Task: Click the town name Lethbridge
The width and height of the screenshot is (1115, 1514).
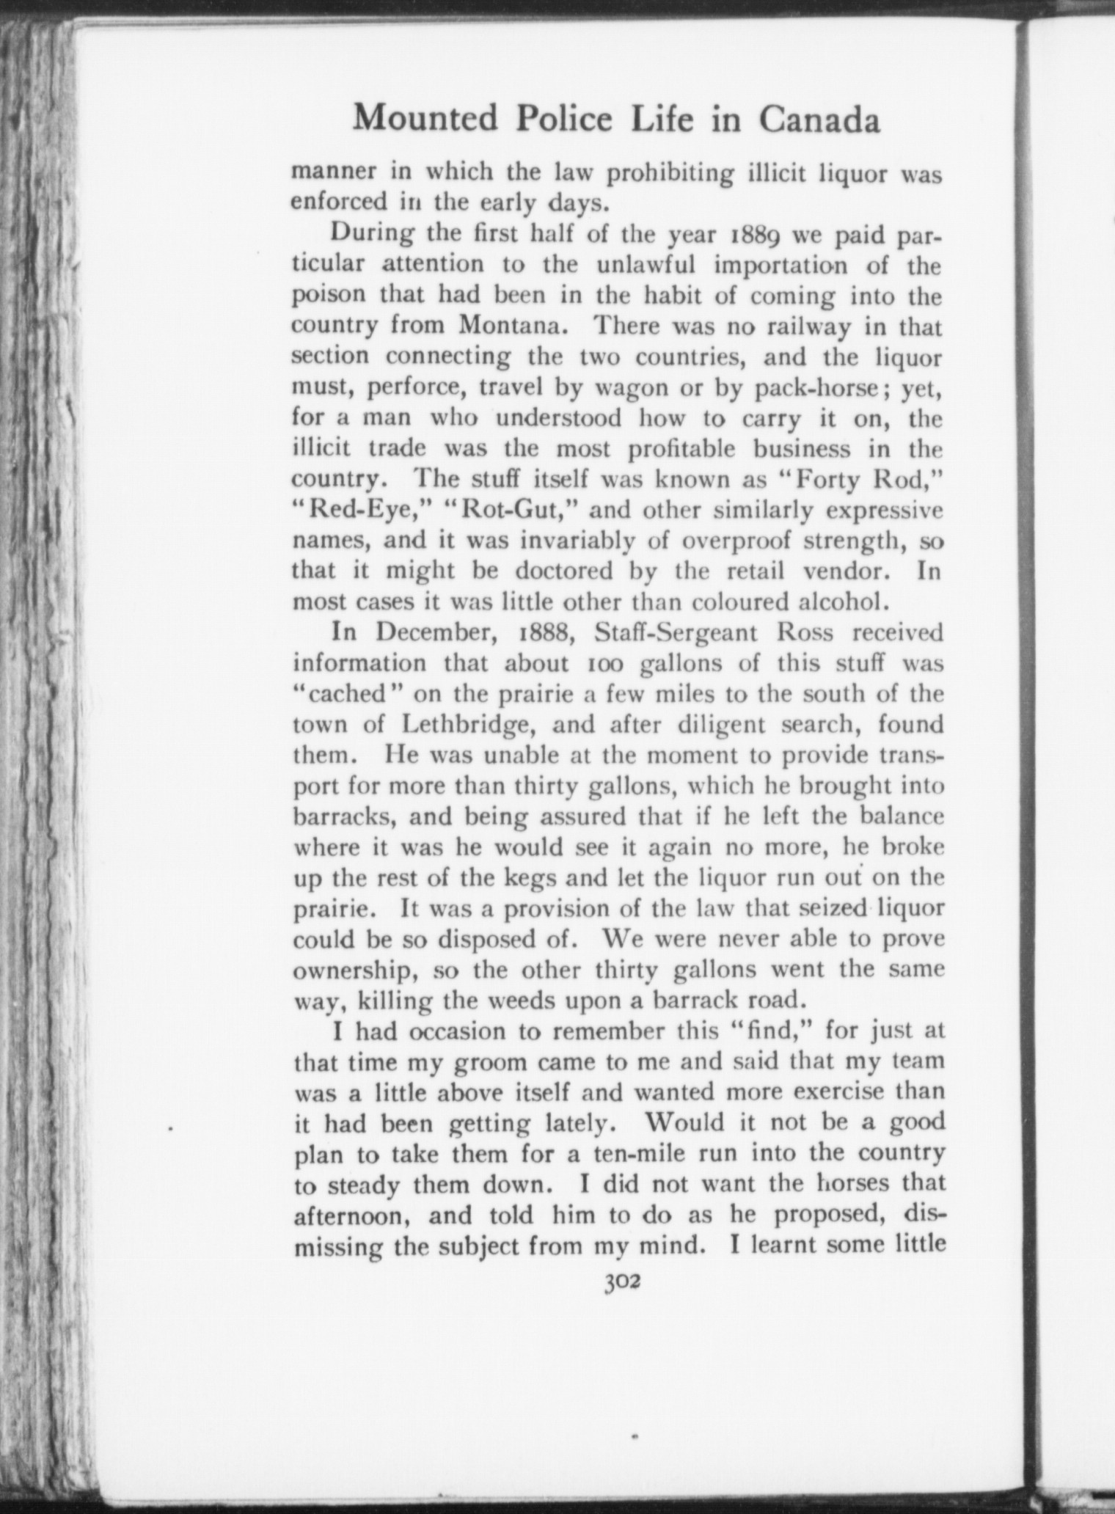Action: pyautogui.click(x=472, y=725)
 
